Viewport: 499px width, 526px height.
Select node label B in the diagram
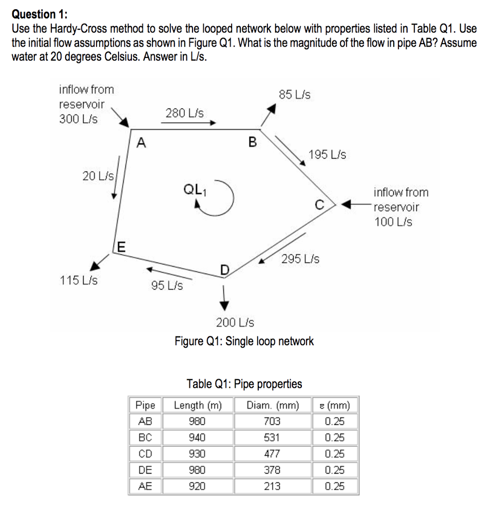252,142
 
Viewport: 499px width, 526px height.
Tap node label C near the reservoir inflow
319,205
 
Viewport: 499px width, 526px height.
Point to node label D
224,270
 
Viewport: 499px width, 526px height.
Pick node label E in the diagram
120,248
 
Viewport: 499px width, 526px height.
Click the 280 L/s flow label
184,112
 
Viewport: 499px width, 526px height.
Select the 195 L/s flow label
328,155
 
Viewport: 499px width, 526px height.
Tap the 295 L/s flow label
300,259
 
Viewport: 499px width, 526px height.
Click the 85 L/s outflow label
294,95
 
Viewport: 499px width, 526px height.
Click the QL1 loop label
193,189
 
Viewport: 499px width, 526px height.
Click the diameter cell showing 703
272,422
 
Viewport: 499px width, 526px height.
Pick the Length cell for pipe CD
198,454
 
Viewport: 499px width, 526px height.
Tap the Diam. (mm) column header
272,406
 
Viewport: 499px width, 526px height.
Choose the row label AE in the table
145,486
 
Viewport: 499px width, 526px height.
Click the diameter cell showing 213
272,486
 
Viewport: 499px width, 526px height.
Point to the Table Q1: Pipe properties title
244,384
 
